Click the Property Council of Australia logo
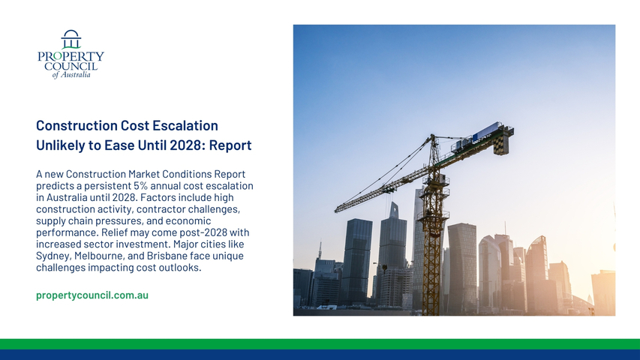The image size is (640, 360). coord(71,54)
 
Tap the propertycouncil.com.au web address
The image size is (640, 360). coord(92,295)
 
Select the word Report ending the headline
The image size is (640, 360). coord(230,145)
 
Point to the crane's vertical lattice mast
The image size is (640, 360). coord(432,245)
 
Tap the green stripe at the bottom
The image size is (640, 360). coord(320,343)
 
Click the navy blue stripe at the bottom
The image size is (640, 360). coord(320,355)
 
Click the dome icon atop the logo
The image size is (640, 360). coord(71,39)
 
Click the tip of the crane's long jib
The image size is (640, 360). coord(336,210)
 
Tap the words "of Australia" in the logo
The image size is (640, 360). coord(71,75)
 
